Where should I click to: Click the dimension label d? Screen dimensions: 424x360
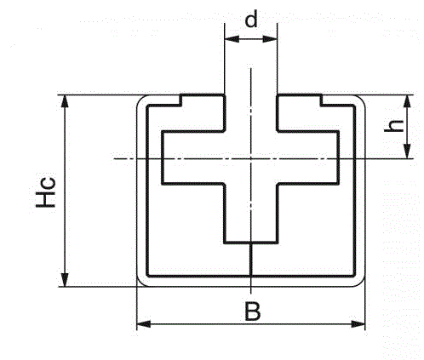[251, 20]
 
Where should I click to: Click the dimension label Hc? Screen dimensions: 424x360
[45, 192]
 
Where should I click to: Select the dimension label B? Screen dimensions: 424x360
[252, 311]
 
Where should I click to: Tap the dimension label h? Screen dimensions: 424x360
[393, 126]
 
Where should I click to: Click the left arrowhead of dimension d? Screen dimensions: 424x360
[232, 39]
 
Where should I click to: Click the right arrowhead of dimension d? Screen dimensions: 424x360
[270, 39]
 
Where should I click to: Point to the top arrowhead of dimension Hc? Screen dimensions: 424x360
[65, 101]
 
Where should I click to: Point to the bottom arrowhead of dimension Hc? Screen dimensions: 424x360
[65, 280]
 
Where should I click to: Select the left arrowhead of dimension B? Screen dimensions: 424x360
[144, 324]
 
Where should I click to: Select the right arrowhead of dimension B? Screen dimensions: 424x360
[358, 324]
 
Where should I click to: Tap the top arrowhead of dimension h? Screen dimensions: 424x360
[407, 101]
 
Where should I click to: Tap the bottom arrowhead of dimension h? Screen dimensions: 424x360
[407, 151]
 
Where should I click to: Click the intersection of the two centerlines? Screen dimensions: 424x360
[251, 158]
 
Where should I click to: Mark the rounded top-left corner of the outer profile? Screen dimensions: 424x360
[140, 99]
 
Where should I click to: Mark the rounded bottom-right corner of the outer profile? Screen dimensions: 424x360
[362, 283]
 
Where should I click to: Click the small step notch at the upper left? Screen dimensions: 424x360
[180, 100]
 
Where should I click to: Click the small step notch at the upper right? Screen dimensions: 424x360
[321, 100]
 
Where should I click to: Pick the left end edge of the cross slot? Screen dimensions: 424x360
[163, 157]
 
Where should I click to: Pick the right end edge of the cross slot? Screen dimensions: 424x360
[338, 157]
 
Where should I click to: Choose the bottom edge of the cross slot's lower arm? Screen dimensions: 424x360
[251, 243]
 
